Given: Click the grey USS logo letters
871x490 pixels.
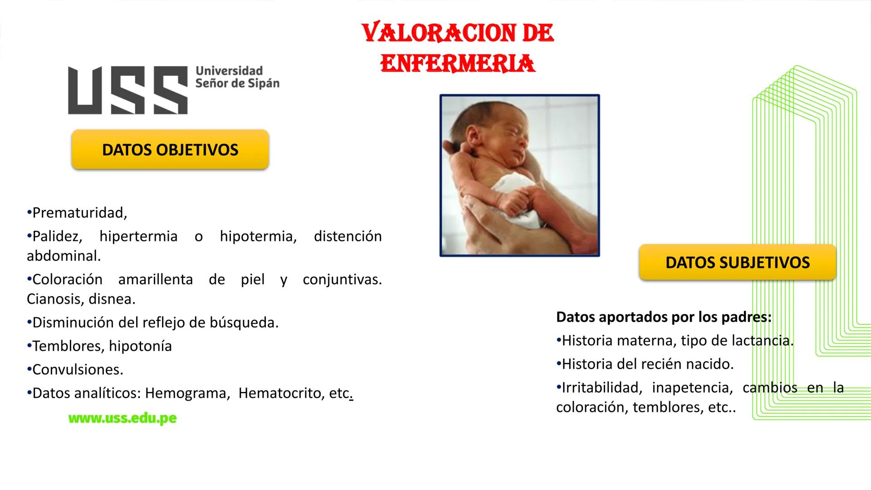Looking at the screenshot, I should [127, 90].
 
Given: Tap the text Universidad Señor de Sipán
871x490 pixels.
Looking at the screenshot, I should [237, 77].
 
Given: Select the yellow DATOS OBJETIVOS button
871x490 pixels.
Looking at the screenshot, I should [170, 150].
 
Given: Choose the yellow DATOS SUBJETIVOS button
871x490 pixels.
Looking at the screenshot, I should [737, 263].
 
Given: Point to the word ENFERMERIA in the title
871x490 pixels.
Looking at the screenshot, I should [458, 64].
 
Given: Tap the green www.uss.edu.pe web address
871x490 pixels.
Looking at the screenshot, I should [122, 418].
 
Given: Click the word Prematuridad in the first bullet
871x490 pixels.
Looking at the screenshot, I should [79, 213].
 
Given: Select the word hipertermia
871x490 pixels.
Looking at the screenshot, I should [138, 236].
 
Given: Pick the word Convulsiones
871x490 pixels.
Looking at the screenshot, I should [78, 370].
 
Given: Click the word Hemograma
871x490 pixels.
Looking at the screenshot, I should [186, 393].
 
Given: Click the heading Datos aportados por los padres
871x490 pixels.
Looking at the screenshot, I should [663, 317].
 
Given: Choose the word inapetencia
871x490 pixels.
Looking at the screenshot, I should [692, 388].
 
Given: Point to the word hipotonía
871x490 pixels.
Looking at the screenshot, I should [140, 346].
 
